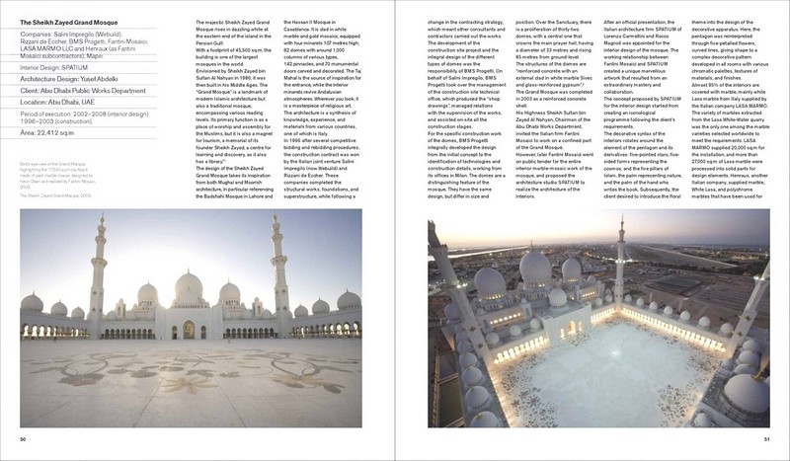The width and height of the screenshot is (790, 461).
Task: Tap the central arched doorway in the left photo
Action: (x=189, y=329)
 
